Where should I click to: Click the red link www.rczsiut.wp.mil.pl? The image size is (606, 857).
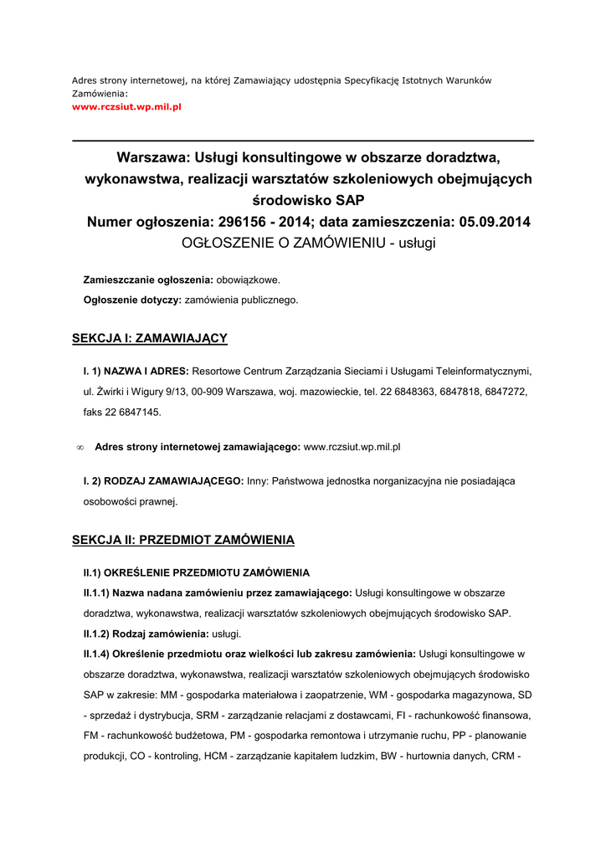pos(126,107)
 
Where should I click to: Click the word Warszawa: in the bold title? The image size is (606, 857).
pos(153,157)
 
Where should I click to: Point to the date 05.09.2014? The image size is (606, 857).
pos(491,222)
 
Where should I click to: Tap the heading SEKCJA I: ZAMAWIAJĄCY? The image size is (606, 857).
pos(150,338)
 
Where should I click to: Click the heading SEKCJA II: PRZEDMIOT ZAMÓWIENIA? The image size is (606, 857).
pos(183,540)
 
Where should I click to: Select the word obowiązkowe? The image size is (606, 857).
pos(249,280)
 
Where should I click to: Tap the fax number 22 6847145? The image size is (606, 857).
pos(132,412)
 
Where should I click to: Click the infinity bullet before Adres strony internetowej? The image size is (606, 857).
pos(80,448)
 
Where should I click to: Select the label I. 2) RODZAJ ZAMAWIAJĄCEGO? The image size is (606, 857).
pos(163,481)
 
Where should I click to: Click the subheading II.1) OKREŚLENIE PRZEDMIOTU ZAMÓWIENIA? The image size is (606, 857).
pos(196,573)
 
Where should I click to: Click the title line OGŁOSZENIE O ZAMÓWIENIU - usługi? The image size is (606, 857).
pos(309,243)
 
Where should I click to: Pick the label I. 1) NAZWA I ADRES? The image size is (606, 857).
pos(136,371)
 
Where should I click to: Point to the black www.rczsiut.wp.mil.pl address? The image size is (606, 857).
pos(352,447)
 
